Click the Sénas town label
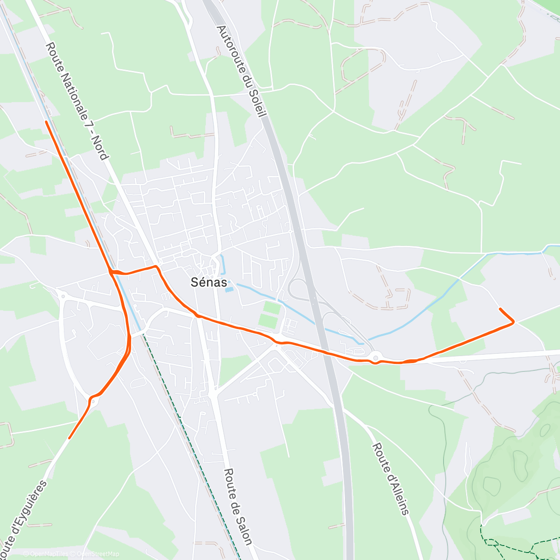209,282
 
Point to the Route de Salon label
238,507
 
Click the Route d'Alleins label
390,479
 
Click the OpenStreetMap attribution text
98,554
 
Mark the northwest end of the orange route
46,121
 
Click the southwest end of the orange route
70,438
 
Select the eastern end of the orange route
500,308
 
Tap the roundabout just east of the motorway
376,357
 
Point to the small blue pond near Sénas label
228,290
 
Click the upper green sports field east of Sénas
272,308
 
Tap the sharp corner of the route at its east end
514,322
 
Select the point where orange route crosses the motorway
327,351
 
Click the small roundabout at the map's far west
62,295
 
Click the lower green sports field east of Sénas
267,321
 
